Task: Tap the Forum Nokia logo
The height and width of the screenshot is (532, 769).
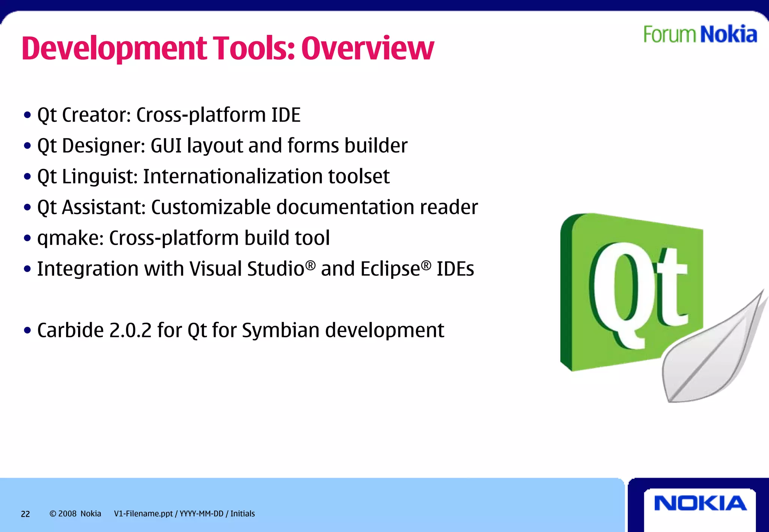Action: click(700, 34)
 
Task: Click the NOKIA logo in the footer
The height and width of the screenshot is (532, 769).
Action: click(700, 503)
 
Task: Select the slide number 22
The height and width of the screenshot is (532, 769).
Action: click(25, 514)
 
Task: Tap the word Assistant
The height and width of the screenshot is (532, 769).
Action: click(103, 207)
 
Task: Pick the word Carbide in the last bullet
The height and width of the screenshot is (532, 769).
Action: click(70, 330)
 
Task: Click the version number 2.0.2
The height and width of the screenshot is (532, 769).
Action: click(130, 330)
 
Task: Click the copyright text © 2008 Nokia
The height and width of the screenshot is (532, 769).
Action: click(75, 514)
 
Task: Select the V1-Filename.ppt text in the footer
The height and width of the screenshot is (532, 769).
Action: click(143, 514)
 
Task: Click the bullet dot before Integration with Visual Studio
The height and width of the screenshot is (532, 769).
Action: click(27, 269)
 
